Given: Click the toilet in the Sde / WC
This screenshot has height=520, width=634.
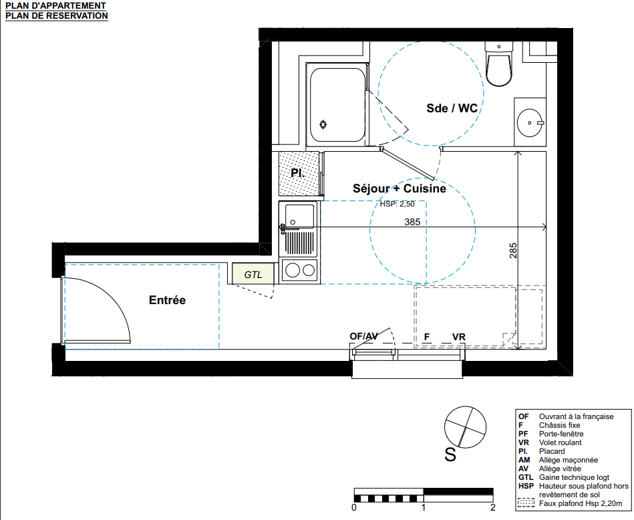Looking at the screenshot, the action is point(499,64).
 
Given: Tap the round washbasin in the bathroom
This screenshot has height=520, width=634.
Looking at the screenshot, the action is point(530,122).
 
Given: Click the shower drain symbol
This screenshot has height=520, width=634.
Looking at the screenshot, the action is point(323,124).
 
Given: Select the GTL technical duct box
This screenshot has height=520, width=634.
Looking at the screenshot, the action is point(253,274).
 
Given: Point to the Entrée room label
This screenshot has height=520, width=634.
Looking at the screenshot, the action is point(168,300).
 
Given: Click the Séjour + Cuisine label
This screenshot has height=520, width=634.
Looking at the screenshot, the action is point(400,188).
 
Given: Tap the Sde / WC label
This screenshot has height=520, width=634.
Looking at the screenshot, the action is point(452,108).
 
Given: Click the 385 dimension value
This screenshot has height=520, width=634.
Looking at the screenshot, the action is point(412,222).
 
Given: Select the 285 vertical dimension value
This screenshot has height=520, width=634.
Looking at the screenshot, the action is point(512,251).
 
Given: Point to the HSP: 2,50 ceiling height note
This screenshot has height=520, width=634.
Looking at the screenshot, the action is point(397,204).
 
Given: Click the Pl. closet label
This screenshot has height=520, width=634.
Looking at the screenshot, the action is point(297,173).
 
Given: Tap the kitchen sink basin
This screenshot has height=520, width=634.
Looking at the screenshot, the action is point(299,217).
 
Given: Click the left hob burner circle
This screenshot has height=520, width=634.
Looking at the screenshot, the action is point(292,270).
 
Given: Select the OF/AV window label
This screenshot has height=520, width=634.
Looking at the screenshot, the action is point(363,336).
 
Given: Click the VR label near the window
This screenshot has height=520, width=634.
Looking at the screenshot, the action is point(459,337).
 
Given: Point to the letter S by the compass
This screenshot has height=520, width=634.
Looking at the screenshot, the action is point(450,454).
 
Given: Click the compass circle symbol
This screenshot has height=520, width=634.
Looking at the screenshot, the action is point(465,427).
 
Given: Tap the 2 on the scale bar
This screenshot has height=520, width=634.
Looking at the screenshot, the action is point(492,507).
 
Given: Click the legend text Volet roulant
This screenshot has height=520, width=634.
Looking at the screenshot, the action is point(560,442).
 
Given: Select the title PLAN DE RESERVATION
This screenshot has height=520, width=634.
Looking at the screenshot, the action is point(57,16).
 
